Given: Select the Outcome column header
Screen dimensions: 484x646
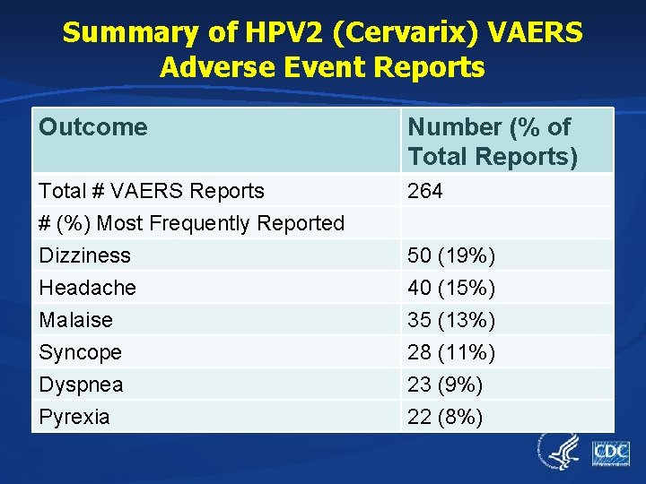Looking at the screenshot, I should pyautogui.click(x=93, y=127).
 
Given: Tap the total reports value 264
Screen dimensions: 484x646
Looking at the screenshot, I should pyautogui.click(x=425, y=191).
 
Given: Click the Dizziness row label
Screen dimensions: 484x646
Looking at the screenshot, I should pyautogui.click(x=85, y=255).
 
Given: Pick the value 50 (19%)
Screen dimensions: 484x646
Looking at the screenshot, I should pyautogui.click(x=451, y=255).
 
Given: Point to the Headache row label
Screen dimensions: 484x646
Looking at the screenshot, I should pyautogui.click(x=88, y=288).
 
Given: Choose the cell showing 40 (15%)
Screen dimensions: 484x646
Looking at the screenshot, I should pyautogui.click(x=451, y=288).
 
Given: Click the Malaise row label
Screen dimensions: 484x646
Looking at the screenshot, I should pyautogui.click(x=76, y=320).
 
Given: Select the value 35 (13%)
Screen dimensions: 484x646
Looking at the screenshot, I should pyautogui.click(x=451, y=320).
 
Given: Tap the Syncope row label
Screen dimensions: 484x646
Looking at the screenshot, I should pyautogui.click(x=81, y=352).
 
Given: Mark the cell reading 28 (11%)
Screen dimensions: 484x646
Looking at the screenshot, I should pyautogui.click(x=451, y=352).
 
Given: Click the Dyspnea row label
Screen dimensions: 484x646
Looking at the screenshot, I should pyautogui.click(x=82, y=385).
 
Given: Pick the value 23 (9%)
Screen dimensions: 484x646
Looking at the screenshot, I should pyautogui.click(x=445, y=385).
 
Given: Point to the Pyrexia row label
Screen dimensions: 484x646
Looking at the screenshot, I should pyautogui.click(x=74, y=417).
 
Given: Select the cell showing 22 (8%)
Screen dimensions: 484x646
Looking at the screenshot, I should pyautogui.click(x=445, y=417).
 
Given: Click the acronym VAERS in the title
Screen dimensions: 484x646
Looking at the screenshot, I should pyautogui.click(x=537, y=33).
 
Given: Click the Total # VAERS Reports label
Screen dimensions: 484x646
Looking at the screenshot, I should pyautogui.click(x=152, y=191).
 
